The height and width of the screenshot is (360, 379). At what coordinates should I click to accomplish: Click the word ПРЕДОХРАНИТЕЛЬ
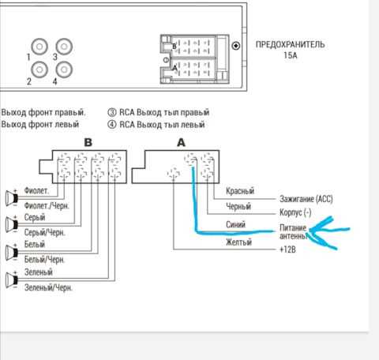[290, 44]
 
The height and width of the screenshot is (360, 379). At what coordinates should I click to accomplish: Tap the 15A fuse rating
[291, 55]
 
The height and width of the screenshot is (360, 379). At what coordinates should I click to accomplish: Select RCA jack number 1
[39, 47]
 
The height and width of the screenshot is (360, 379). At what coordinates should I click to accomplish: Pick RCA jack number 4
[64, 69]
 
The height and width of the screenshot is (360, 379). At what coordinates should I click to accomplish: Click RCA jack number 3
[64, 47]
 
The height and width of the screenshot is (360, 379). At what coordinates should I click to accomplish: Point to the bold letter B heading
[88, 143]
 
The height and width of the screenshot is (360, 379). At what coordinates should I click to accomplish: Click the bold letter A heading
[181, 143]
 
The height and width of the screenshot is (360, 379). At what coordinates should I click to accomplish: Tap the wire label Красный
[240, 191]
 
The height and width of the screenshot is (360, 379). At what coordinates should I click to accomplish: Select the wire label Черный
[238, 206]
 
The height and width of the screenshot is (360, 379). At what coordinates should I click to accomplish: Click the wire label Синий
[235, 224]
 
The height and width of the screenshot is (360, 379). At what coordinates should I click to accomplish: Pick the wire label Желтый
[238, 242]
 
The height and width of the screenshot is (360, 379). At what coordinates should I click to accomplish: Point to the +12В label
[287, 249]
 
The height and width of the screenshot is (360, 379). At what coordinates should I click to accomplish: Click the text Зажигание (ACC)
[306, 199]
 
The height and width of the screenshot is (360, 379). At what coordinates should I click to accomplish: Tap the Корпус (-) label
[295, 212]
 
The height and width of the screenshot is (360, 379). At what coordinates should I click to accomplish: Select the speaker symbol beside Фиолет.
[12, 198]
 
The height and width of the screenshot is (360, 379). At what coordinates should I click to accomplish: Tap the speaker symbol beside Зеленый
[12, 279]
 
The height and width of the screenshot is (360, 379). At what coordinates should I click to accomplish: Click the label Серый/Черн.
[44, 233]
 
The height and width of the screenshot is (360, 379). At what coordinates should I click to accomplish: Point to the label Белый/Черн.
[44, 260]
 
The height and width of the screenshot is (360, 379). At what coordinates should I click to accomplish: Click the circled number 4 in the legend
[112, 124]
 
